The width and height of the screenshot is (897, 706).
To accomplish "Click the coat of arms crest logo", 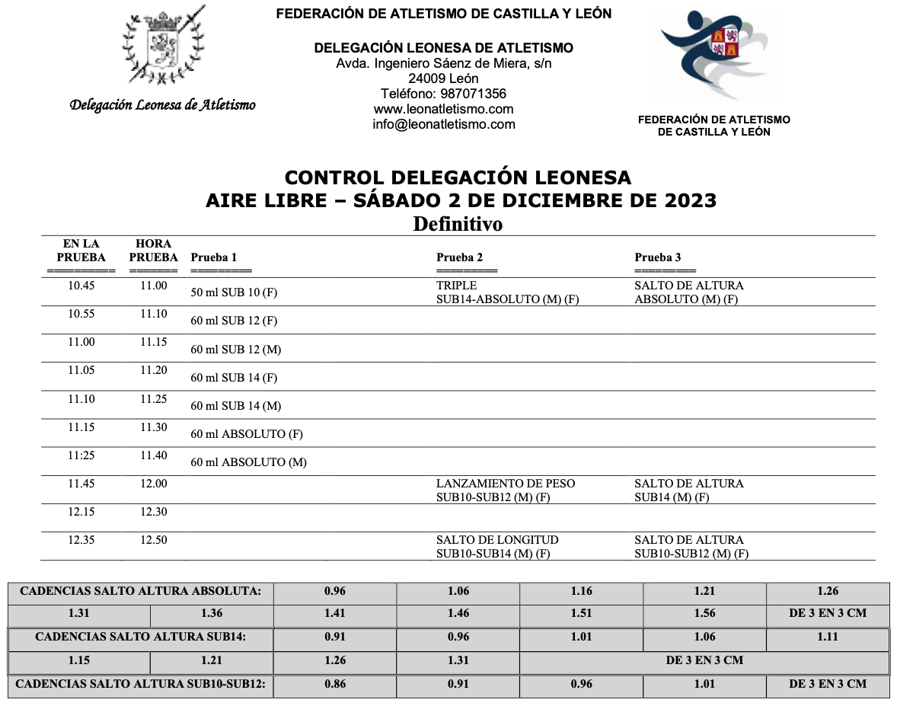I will [163, 46].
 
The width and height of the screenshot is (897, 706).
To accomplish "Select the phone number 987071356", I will [443, 94].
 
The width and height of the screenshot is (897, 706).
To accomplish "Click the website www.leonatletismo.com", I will [443, 109].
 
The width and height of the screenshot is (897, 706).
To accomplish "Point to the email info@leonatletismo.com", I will [443, 124].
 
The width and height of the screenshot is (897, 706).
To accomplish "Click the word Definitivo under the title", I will [458, 225].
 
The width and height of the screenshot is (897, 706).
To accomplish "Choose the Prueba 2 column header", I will [459, 257].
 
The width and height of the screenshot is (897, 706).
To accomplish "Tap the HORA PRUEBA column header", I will [153, 251].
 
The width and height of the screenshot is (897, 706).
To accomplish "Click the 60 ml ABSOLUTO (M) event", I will [248, 462].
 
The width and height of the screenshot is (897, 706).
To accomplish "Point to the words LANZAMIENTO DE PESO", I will [506, 484].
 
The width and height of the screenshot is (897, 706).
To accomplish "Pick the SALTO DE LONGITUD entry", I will [497, 540].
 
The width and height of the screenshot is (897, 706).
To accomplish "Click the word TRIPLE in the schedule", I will [456, 286].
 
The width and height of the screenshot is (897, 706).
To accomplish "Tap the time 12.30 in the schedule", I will [153, 512].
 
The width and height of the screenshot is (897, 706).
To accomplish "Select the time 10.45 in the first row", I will [81, 286].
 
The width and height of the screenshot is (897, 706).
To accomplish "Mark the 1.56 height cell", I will [704, 613].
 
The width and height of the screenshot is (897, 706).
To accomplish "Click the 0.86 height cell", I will [335, 684].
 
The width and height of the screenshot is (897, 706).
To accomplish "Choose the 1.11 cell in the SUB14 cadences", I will [827, 637].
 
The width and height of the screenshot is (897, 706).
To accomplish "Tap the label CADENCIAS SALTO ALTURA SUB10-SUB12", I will [141, 684].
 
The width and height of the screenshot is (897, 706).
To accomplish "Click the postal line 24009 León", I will [443, 78].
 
